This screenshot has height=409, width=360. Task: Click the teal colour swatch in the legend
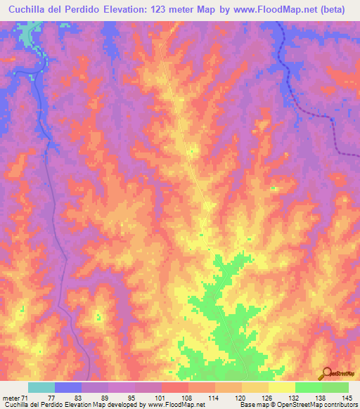pyautogui.click(x=41, y=388)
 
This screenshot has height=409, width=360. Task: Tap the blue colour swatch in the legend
pyautogui.click(x=67, y=388)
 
